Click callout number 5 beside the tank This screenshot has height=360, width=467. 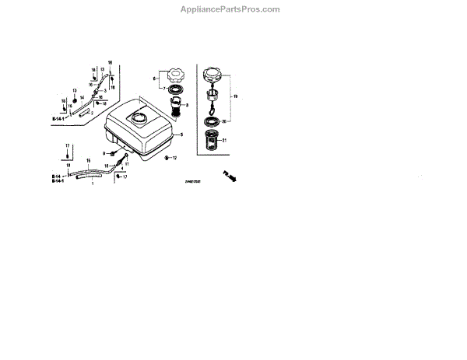[x=181, y=135]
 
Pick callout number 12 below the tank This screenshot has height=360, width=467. [x=175, y=158]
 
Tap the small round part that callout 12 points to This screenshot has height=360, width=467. [x=165, y=158]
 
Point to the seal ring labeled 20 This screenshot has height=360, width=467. [x=214, y=121]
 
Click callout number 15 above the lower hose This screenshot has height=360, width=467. [x=87, y=160]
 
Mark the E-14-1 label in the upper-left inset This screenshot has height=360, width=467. [x=59, y=119]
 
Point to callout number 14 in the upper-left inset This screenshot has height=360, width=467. [x=81, y=97]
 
